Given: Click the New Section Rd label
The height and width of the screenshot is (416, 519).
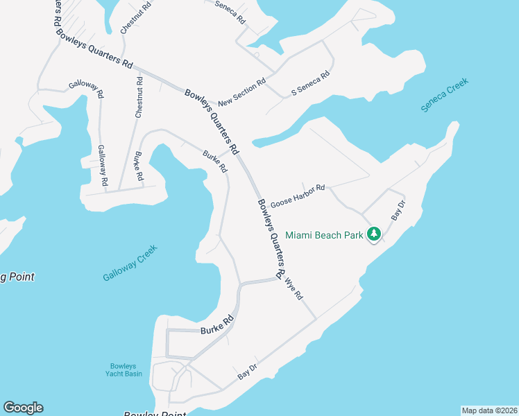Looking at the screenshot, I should [241, 94].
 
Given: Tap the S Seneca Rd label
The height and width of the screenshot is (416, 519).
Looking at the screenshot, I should [309, 83].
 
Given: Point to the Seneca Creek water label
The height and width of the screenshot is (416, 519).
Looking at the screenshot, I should [445, 94].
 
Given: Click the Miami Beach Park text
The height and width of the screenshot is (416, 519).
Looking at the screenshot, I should [324, 235].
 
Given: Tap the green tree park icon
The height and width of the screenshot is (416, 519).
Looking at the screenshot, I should [375, 234].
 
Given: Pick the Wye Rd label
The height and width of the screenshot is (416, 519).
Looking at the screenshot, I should [294, 288].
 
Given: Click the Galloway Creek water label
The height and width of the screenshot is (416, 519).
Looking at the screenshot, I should [130, 263].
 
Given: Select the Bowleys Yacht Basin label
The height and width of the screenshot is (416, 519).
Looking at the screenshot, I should [126, 370].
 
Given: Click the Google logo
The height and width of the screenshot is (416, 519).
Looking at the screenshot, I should [23, 408].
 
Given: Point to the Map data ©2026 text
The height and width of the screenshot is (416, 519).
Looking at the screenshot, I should [489, 410].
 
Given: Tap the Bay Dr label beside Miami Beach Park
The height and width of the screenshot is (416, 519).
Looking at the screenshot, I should [398, 210].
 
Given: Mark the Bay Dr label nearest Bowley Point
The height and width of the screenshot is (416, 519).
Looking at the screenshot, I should [248, 372].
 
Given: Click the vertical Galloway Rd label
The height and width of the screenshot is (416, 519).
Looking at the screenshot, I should [103, 165].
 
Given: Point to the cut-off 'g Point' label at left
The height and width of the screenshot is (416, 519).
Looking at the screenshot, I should [17, 277].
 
